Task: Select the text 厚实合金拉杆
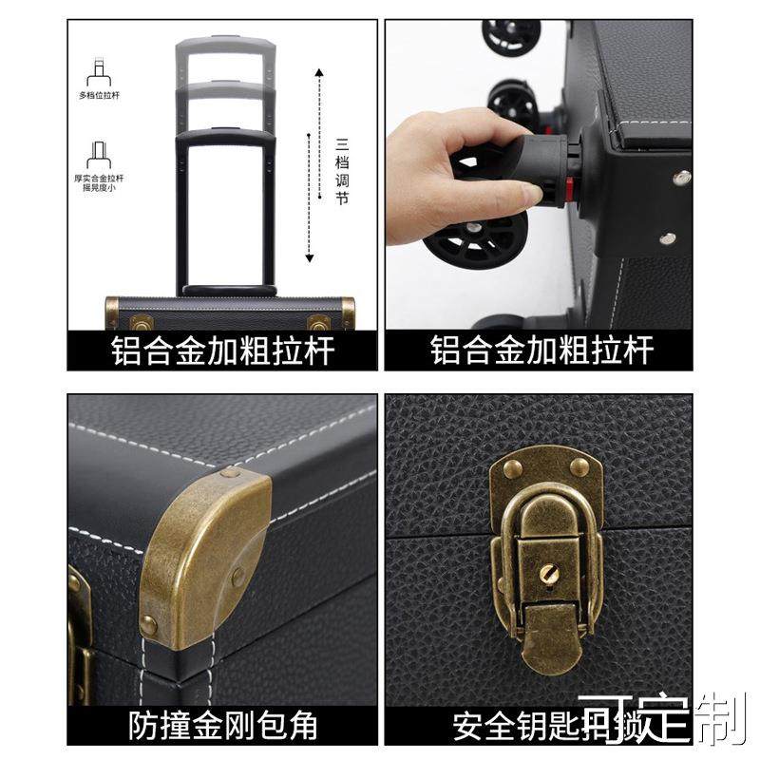click(100, 178)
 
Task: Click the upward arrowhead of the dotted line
click(319, 72)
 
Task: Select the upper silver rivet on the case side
click(681, 178)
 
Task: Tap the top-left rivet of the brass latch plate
click(511, 466)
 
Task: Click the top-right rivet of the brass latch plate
click(579, 465)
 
